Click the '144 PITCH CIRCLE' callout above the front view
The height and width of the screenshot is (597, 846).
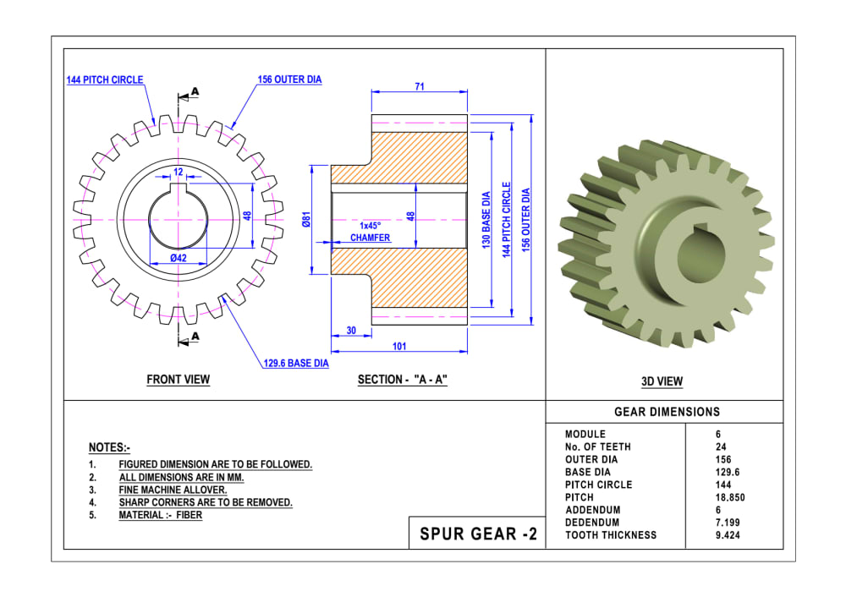point(105,80)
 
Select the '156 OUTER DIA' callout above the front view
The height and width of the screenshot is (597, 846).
point(289,80)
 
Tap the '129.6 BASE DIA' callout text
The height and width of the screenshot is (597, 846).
point(295,364)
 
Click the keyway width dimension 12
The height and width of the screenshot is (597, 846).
point(178,172)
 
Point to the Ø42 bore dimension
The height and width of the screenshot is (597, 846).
point(179,257)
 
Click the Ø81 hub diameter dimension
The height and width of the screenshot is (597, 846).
point(307,220)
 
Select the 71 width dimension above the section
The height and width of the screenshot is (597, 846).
point(420,86)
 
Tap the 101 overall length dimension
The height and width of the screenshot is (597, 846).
point(399,347)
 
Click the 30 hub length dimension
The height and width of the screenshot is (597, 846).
point(351,331)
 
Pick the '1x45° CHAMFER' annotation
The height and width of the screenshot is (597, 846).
point(371,233)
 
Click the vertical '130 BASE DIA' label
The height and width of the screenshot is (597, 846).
point(486,220)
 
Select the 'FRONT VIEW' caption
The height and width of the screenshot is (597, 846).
point(179,380)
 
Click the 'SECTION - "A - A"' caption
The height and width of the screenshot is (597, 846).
point(402,380)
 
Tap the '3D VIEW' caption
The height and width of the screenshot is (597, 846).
point(662,381)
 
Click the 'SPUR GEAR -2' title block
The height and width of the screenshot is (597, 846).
point(478,534)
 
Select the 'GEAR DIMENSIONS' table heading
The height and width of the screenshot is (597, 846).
point(667,412)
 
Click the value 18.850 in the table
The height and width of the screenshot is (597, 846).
point(730,497)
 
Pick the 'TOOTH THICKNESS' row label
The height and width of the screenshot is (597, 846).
point(611,534)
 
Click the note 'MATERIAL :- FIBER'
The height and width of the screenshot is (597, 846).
point(160,515)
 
